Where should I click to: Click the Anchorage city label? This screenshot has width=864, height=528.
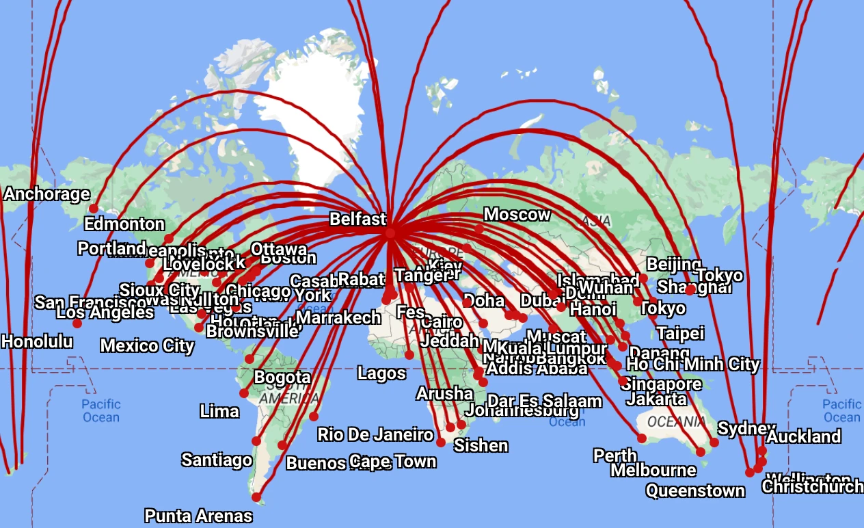tap(46, 194)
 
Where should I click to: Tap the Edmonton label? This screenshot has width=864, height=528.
tap(124, 224)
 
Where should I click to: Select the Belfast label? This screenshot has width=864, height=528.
tap(357, 219)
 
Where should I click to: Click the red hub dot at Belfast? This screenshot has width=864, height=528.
tap(390, 233)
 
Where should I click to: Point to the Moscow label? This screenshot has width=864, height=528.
tap(517, 215)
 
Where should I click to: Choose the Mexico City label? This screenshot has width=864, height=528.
tap(147, 345)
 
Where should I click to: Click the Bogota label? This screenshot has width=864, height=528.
tap(282, 377)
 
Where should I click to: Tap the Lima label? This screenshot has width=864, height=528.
tap(219, 411)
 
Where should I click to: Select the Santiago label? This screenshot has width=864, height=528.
tap(217, 460)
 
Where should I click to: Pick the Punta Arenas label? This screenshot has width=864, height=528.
tap(198, 516)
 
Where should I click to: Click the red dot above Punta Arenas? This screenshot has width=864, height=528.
tap(256, 497)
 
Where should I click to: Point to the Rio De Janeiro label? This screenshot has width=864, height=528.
tap(375, 434)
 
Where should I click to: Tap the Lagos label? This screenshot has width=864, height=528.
tap(381, 373)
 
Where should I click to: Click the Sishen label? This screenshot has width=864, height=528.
tap(481, 446)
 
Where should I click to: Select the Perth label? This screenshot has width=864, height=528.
tap(615, 456)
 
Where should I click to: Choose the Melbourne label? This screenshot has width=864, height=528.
tap(653, 471)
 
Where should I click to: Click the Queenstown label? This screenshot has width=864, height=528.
tap(695, 490)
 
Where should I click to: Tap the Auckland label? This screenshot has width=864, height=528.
tap(804, 436)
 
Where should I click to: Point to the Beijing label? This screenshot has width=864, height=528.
tap(673, 264)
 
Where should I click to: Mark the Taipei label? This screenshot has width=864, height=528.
tap(680, 333)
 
